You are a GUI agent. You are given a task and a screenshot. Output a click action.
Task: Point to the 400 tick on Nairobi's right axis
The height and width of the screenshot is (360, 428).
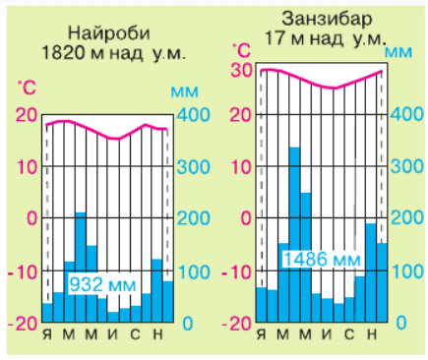191,116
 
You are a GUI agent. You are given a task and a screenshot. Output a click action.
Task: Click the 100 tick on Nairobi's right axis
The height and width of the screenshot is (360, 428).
191,271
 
